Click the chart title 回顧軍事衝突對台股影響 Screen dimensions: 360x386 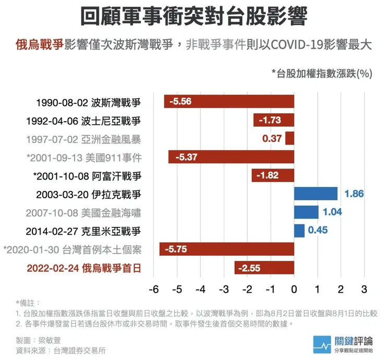[193, 17]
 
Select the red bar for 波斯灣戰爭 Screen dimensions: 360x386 [230, 101]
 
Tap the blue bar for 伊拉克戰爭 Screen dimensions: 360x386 [316, 194]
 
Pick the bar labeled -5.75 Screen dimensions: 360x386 [227, 249]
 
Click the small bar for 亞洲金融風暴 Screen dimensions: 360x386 [290, 138]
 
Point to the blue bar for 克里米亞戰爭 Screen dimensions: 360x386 [299, 231]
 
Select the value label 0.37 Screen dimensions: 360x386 [272, 138]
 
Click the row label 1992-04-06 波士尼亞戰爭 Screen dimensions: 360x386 [83, 121]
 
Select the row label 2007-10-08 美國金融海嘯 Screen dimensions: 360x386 [83, 213]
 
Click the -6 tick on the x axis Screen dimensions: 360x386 [153, 289]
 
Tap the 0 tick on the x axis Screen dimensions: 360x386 [295, 289]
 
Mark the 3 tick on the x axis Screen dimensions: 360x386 [365, 289]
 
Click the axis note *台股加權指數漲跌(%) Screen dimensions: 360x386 [321, 73]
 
